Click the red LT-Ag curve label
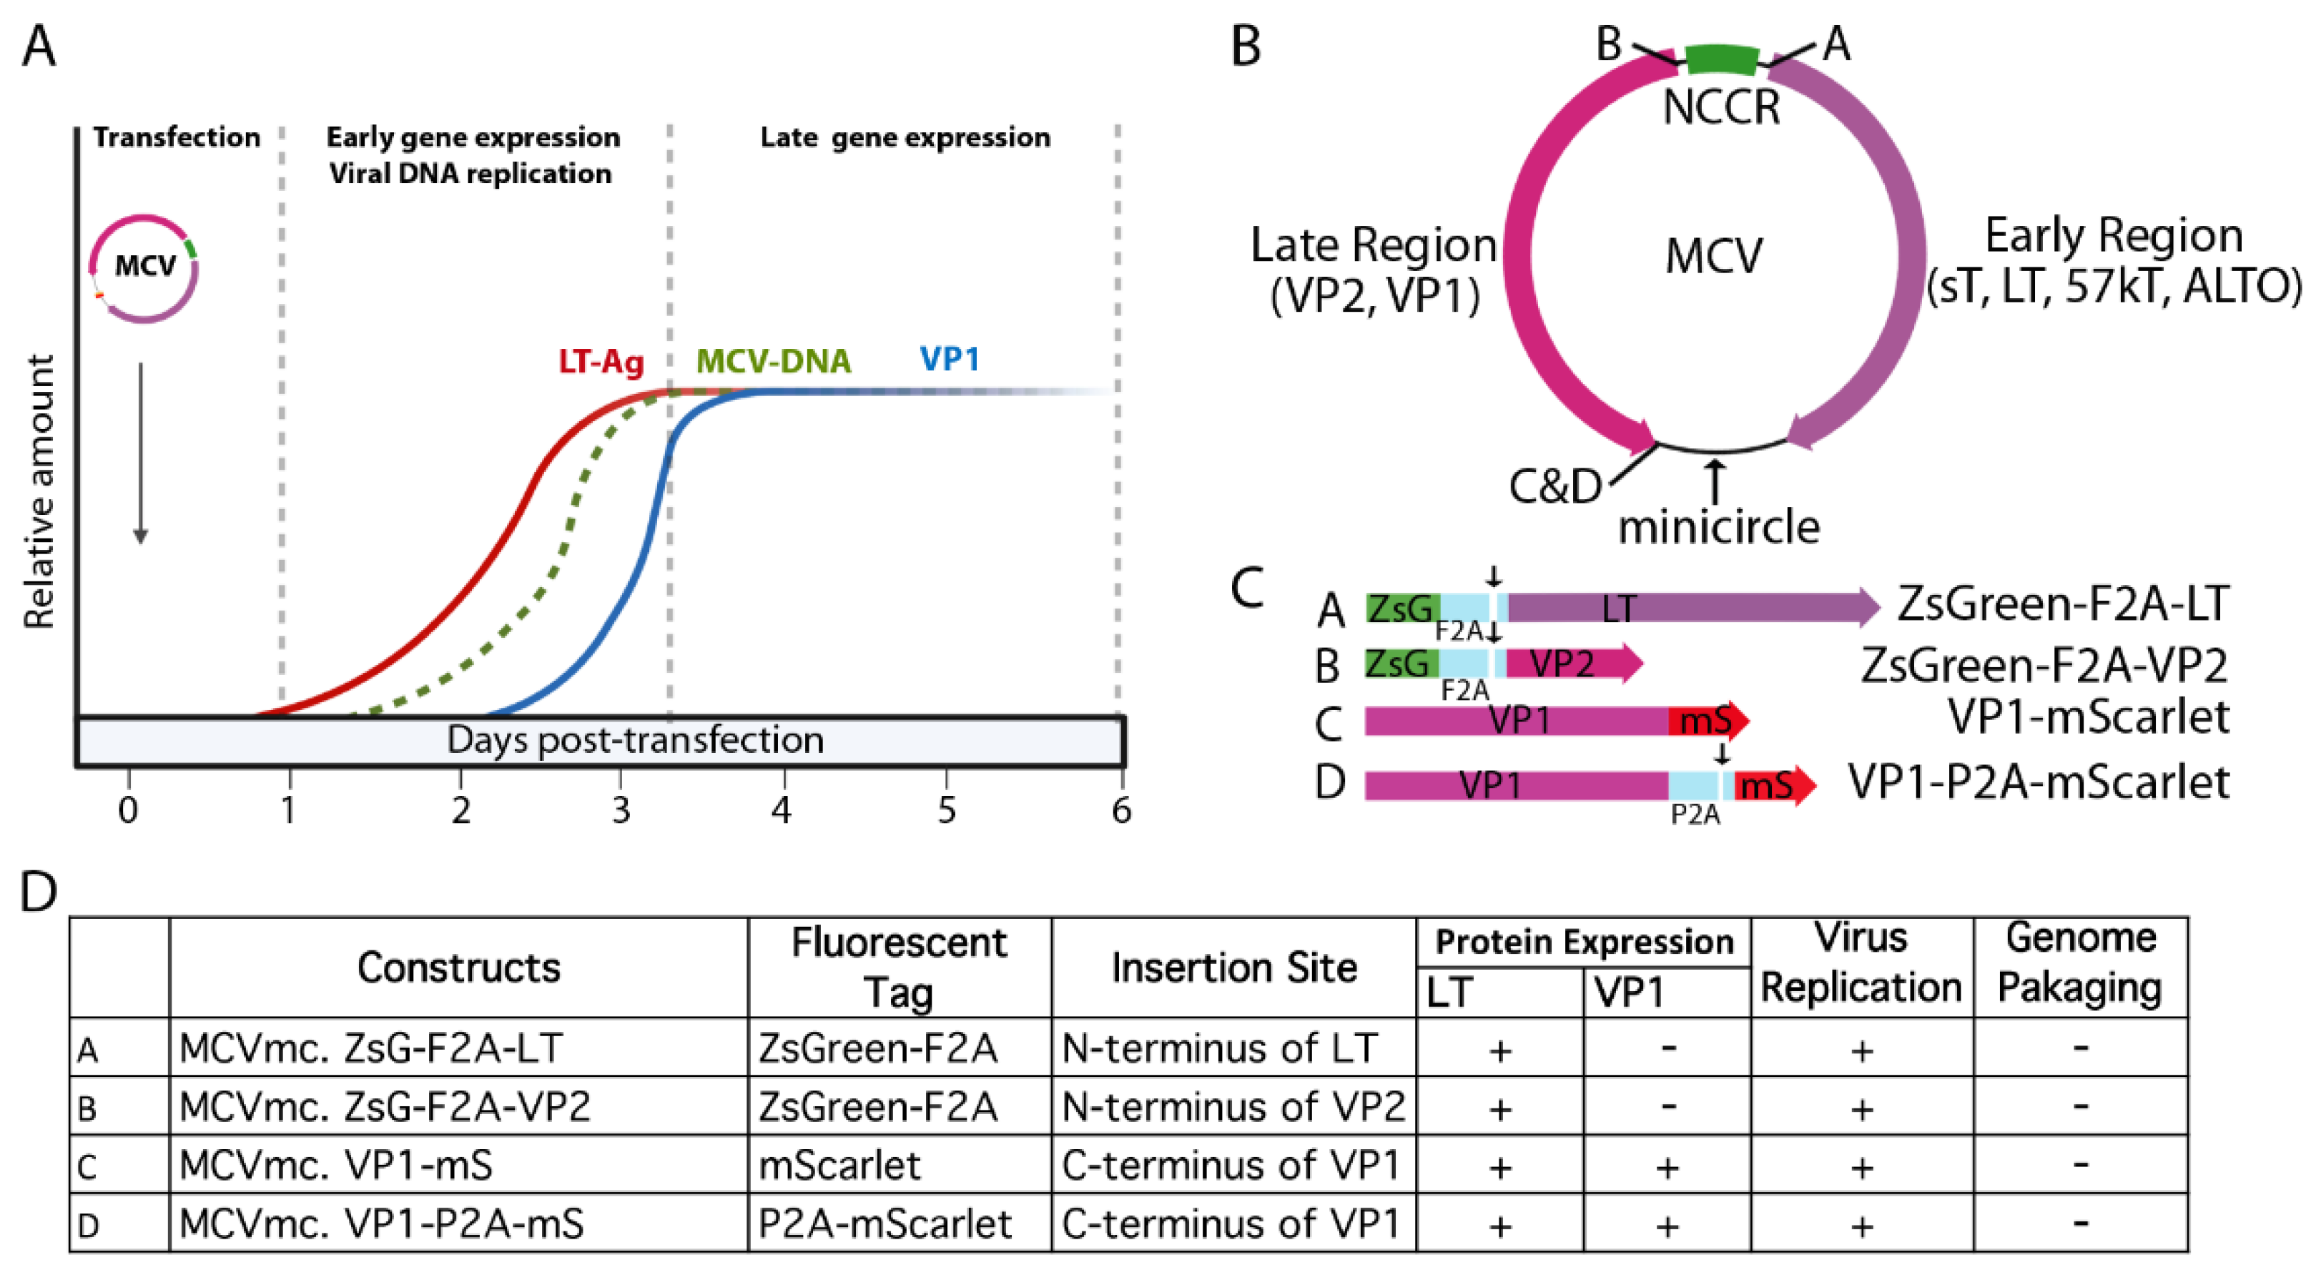click(600, 361)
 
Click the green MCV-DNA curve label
click(774, 360)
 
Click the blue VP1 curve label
click(949, 359)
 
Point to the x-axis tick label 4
click(782, 811)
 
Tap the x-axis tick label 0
click(128, 811)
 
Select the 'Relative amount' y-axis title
click(39, 491)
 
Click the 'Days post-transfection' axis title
click(634, 741)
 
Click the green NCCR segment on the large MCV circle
click(1720, 60)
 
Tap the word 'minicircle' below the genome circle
click(1718, 527)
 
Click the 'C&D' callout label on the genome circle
click(1554, 487)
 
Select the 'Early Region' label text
click(2114, 236)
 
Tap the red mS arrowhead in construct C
click(1708, 720)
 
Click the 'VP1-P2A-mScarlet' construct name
click(2039, 783)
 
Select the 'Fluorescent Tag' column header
click(898, 967)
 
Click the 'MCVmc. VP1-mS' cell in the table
click(335, 1165)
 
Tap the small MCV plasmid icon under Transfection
click(144, 267)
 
